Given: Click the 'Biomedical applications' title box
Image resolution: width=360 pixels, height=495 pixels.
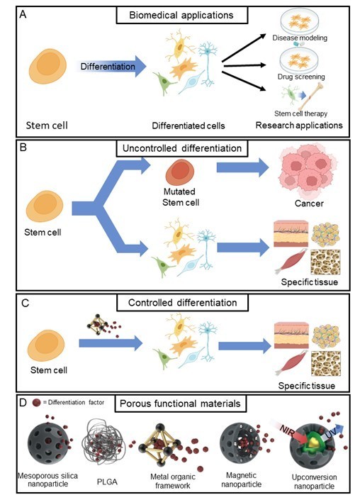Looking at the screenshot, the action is (182, 15).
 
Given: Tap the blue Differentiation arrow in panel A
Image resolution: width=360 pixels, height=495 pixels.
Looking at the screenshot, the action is (111, 66).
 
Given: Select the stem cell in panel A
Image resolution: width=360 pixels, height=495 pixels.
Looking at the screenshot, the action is (48, 66).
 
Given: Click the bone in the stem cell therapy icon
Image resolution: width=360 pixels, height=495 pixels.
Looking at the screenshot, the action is (310, 96).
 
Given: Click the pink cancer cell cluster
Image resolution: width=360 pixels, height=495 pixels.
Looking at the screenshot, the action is (308, 172).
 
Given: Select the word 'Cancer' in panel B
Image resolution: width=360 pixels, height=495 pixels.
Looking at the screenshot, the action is (309, 204).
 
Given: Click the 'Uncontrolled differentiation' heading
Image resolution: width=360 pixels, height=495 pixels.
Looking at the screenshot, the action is (182, 148).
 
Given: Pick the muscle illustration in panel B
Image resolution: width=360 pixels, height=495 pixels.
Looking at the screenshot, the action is (291, 261).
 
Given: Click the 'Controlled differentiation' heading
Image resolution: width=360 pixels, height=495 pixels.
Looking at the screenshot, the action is (182, 303).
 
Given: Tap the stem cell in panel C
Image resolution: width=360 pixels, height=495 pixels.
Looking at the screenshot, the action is (46, 345).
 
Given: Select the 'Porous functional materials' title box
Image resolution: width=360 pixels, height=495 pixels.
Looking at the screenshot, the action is (180, 404).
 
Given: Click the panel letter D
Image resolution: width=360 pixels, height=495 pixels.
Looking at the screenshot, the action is (23, 404).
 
